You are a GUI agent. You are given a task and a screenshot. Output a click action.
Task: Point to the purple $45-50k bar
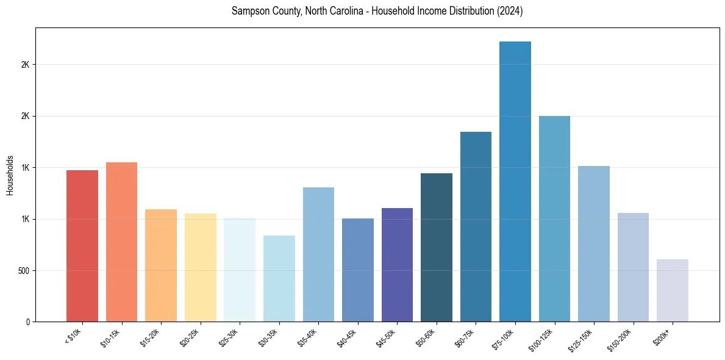(x=397, y=265)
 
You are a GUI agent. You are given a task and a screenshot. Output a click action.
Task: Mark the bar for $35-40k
(x=318, y=254)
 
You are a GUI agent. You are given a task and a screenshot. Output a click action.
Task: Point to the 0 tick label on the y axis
(x=29, y=322)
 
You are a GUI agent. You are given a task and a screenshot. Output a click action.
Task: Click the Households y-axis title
(x=10, y=175)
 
